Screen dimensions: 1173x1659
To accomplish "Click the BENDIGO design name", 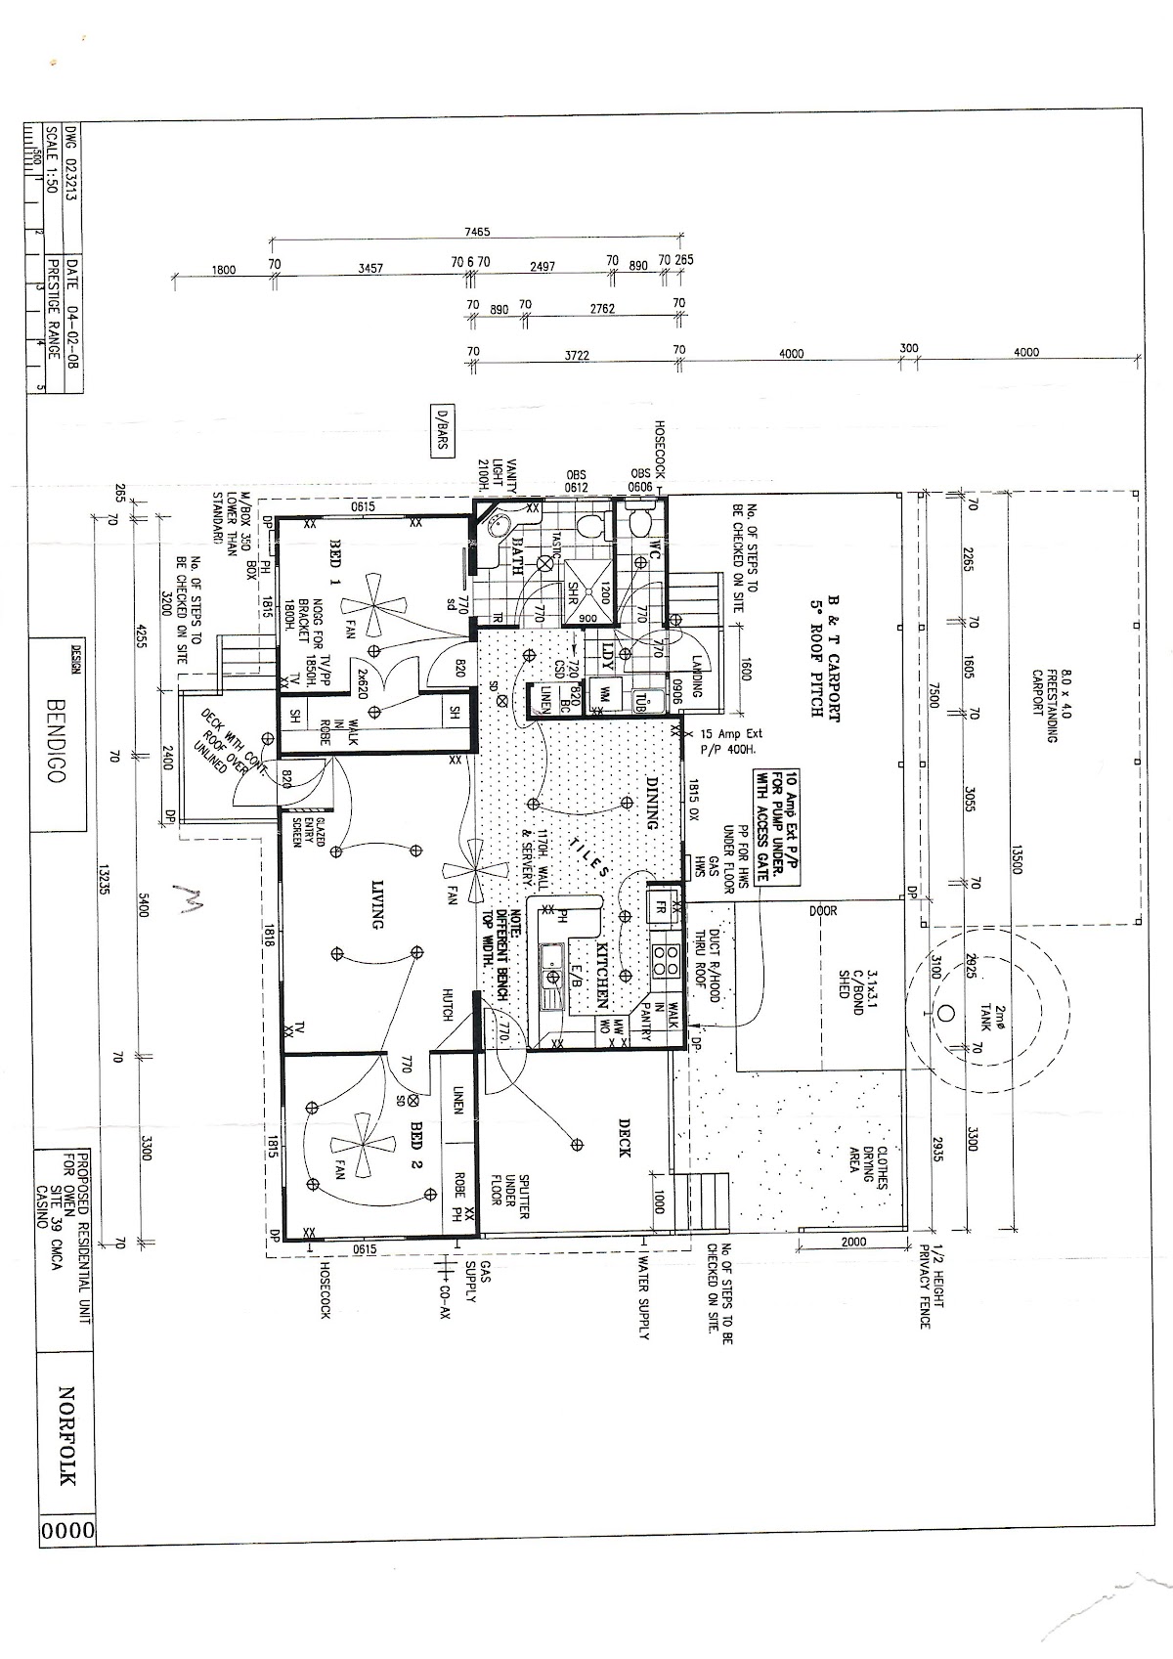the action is click(56, 741).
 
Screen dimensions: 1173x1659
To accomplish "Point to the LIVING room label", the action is click(376, 904).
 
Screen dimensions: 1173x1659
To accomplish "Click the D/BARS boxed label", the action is click(441, 429).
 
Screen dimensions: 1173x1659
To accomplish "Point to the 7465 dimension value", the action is click(477, 232).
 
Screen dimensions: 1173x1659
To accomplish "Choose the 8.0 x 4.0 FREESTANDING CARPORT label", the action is click(1046, 706).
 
